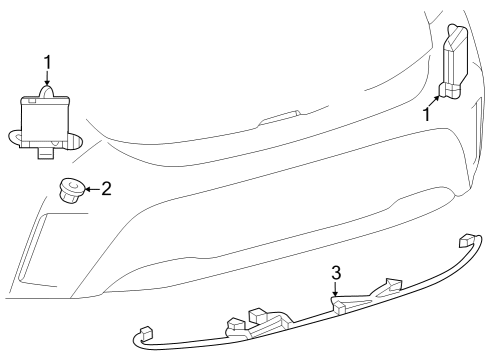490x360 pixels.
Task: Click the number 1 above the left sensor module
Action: coord(48,62)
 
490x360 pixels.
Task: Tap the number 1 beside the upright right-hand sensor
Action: coord(426,114)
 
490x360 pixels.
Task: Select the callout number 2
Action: coord(106,189)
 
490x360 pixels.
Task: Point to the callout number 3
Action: coord(336,273)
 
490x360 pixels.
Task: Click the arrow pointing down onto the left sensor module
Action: coord(47,78)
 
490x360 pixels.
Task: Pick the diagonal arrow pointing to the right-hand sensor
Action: coord(434,101)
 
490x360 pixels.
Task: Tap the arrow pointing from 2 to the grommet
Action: coord(93,189)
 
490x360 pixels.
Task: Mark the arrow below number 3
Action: coord(335,288)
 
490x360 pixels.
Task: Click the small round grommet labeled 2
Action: coord(72,190)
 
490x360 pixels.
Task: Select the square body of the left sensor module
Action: coord(45,121)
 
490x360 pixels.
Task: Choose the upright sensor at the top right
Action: coord(455,62)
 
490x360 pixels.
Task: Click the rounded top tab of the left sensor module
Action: coord(47,91)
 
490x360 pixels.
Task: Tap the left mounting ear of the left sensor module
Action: coord(14,138)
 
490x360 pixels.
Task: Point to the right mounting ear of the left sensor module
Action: coord(75,141)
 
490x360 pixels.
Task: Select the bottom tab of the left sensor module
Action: coord(46,152)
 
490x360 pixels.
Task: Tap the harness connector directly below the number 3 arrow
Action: coord(340,306)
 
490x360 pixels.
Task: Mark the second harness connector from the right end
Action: coord(393,284)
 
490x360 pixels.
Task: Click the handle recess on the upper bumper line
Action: coord(279,118)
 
